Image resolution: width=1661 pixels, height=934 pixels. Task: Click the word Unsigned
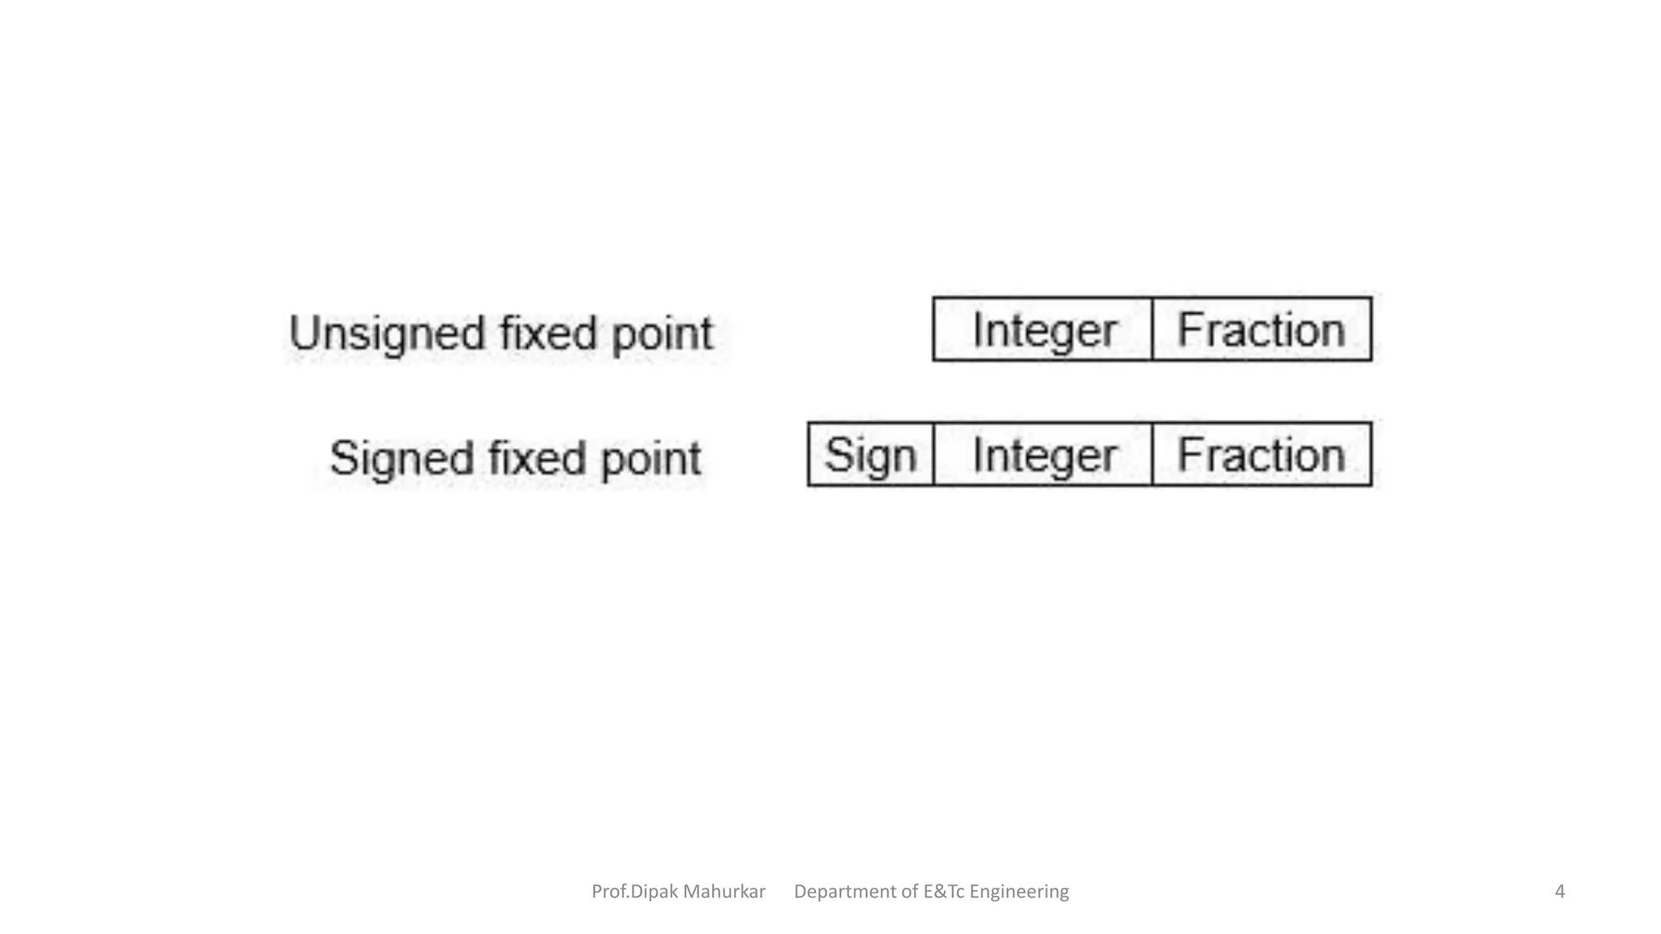click(386, 333)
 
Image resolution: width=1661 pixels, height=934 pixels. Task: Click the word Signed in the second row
click(401, 459)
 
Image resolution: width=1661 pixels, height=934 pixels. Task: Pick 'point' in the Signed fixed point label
click(650, 460)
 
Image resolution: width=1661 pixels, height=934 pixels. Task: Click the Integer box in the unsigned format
click(1043, 329)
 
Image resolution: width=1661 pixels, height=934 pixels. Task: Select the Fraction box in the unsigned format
click(1261, 329)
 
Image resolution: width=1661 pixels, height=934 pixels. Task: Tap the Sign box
click(870, 454)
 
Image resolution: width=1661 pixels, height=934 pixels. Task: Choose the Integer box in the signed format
click(1043, 454)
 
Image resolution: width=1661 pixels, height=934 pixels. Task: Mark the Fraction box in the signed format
click(1261, 454)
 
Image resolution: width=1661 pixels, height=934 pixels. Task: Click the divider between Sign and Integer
click(934, 454)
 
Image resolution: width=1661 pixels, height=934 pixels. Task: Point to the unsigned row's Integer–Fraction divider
click(1152, 329)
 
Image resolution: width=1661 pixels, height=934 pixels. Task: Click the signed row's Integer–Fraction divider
click(1152, 454)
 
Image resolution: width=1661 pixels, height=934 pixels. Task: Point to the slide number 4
click(1559, 892)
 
